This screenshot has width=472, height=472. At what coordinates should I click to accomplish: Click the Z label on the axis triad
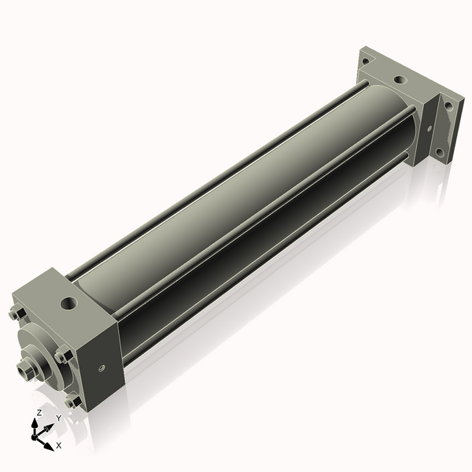coord(39,412)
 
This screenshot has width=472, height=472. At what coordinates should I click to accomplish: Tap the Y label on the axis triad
coord(58,418)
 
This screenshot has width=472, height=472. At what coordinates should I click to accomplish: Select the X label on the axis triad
coord(59,445)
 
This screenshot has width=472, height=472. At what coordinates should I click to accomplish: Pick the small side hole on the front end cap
coord(101,367)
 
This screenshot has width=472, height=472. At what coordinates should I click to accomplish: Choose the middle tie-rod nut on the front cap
coord(63,356)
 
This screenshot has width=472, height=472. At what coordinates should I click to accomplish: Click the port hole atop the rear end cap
coord(400,79)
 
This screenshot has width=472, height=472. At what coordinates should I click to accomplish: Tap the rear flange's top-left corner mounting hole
coord(365,61)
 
